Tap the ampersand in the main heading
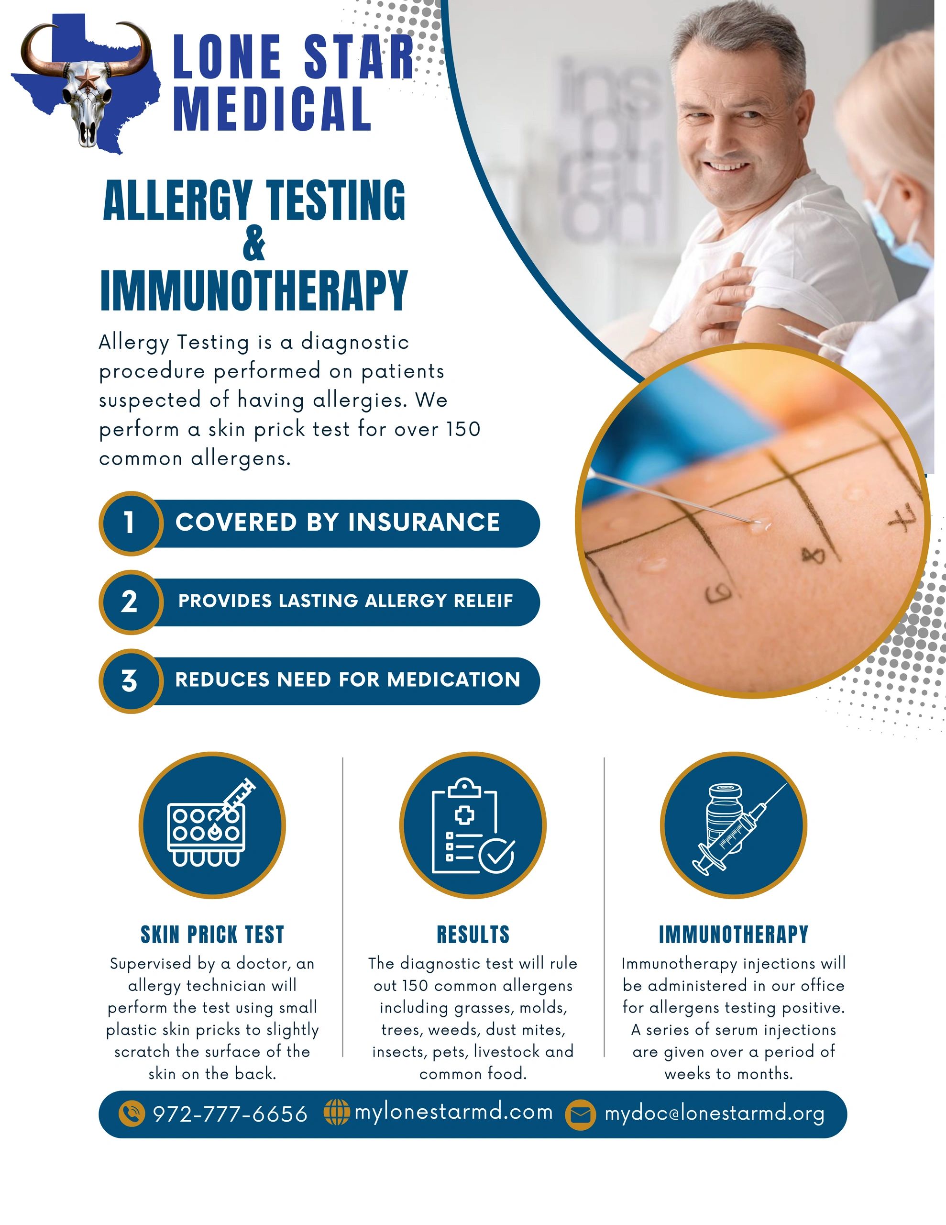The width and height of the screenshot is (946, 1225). (254, 245)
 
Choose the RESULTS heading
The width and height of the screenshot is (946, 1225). (473, 935)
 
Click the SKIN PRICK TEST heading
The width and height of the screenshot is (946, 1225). (212, 935)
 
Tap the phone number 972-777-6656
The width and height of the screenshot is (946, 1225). (230, 1114)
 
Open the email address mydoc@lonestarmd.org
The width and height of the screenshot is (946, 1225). (715, 1114)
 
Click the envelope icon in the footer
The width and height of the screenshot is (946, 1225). (580, 1114)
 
